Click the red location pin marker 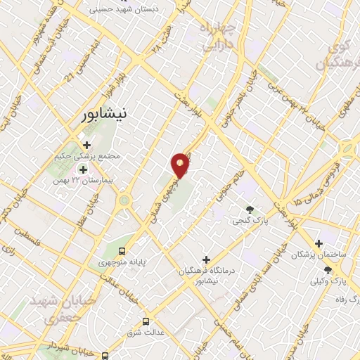coord(181,165)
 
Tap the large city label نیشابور coord(103,113)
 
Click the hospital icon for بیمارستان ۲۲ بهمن coord(83,169)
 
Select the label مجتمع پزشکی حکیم coord(87,156)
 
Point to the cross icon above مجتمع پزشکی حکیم coord(86,145)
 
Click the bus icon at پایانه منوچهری coord(123,250)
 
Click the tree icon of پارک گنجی coord(249,209)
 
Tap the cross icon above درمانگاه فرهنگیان coord(205,259)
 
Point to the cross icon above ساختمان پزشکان coord(319,243)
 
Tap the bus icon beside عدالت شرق coord(146,321)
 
